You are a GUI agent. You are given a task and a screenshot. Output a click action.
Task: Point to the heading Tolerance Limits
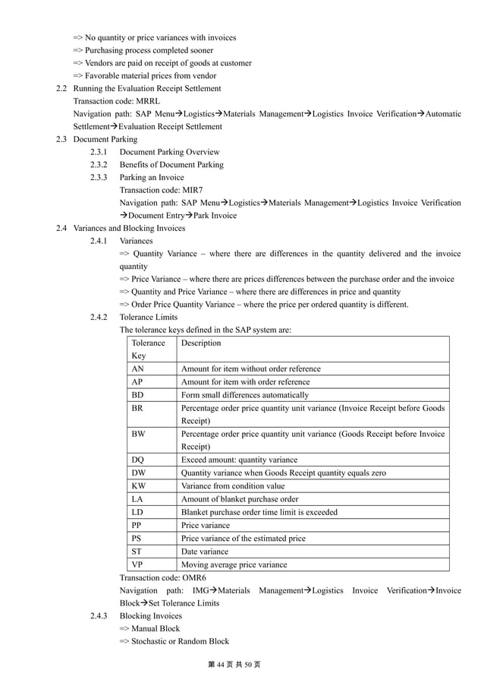(x=149, y=317)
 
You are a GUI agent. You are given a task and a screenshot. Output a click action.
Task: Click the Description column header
(x=201, y=343)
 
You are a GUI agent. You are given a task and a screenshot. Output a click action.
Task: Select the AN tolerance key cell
(x=137, y=368)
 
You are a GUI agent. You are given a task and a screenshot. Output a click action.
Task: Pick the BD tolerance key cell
(x=137, y=395)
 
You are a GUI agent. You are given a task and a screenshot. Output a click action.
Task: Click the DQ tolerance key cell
(x=137, y=460)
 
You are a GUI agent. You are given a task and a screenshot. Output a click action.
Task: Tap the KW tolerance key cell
(x=138, y=485)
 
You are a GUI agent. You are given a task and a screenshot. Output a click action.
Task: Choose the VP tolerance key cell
(x=137, y=564)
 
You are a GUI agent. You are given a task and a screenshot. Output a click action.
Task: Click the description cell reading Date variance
(x=204, y=552)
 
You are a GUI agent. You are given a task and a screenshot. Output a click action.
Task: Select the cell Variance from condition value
(x=233, y=485)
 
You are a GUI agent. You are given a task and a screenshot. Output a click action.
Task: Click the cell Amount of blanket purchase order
(x=240, y=499)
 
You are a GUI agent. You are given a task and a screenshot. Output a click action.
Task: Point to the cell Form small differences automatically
(x=244, y=395)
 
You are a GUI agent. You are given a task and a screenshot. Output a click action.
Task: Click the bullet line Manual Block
(x=150, y=629)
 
